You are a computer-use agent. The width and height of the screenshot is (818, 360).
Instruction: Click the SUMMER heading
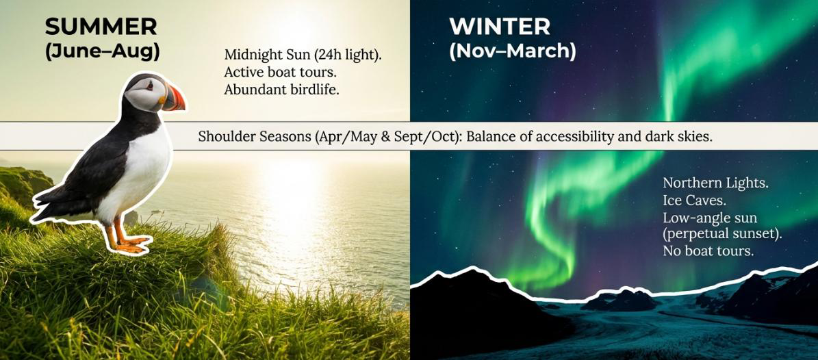click(101, 27)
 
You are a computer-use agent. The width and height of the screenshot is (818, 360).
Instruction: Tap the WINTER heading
click(499, 27)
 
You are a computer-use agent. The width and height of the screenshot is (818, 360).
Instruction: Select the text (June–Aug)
click(102, 51)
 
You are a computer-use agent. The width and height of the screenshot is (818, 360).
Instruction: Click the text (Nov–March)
click(512, 51)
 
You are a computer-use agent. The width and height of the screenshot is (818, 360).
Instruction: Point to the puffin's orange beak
click(173, 98)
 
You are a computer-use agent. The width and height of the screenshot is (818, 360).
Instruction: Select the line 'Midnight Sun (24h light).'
click(303, 55)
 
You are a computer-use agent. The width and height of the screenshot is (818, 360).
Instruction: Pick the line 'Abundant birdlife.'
click(281, 89)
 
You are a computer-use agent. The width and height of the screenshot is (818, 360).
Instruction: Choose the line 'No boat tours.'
click(708, 251)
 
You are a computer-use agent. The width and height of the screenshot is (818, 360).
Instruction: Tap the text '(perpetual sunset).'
click(722, 234)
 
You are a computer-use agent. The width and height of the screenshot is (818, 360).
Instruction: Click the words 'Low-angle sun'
click(711, 218)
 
